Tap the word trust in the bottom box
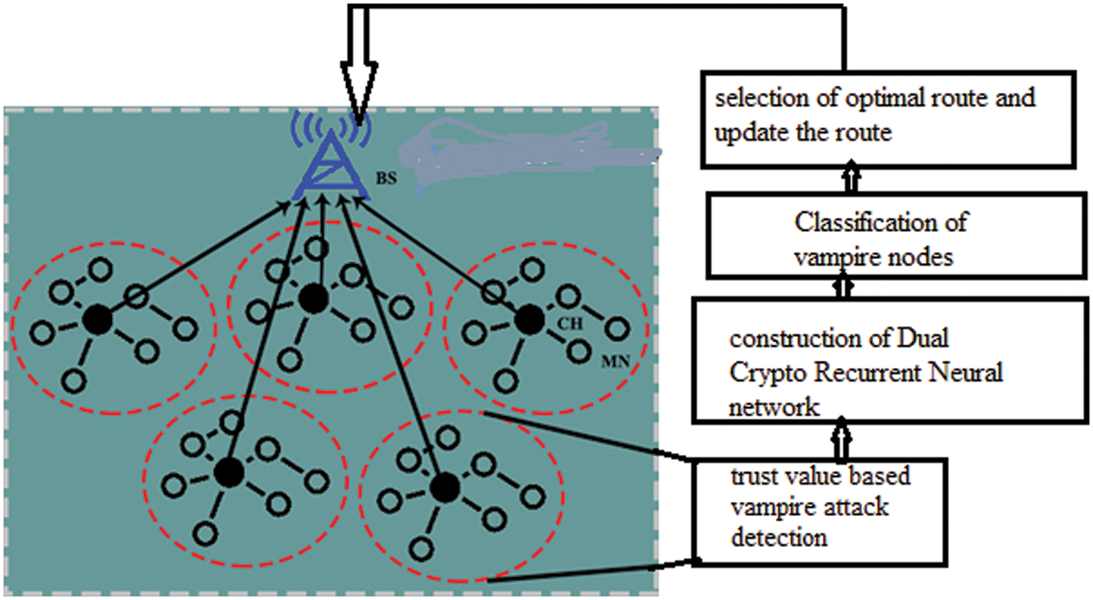pos(748,476)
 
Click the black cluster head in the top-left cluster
pos(99,320)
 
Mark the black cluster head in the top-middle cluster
pos(312,299)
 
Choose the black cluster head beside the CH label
pos(529,320)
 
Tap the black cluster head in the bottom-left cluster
pos(229,472)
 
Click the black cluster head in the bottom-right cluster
pos(445,486)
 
